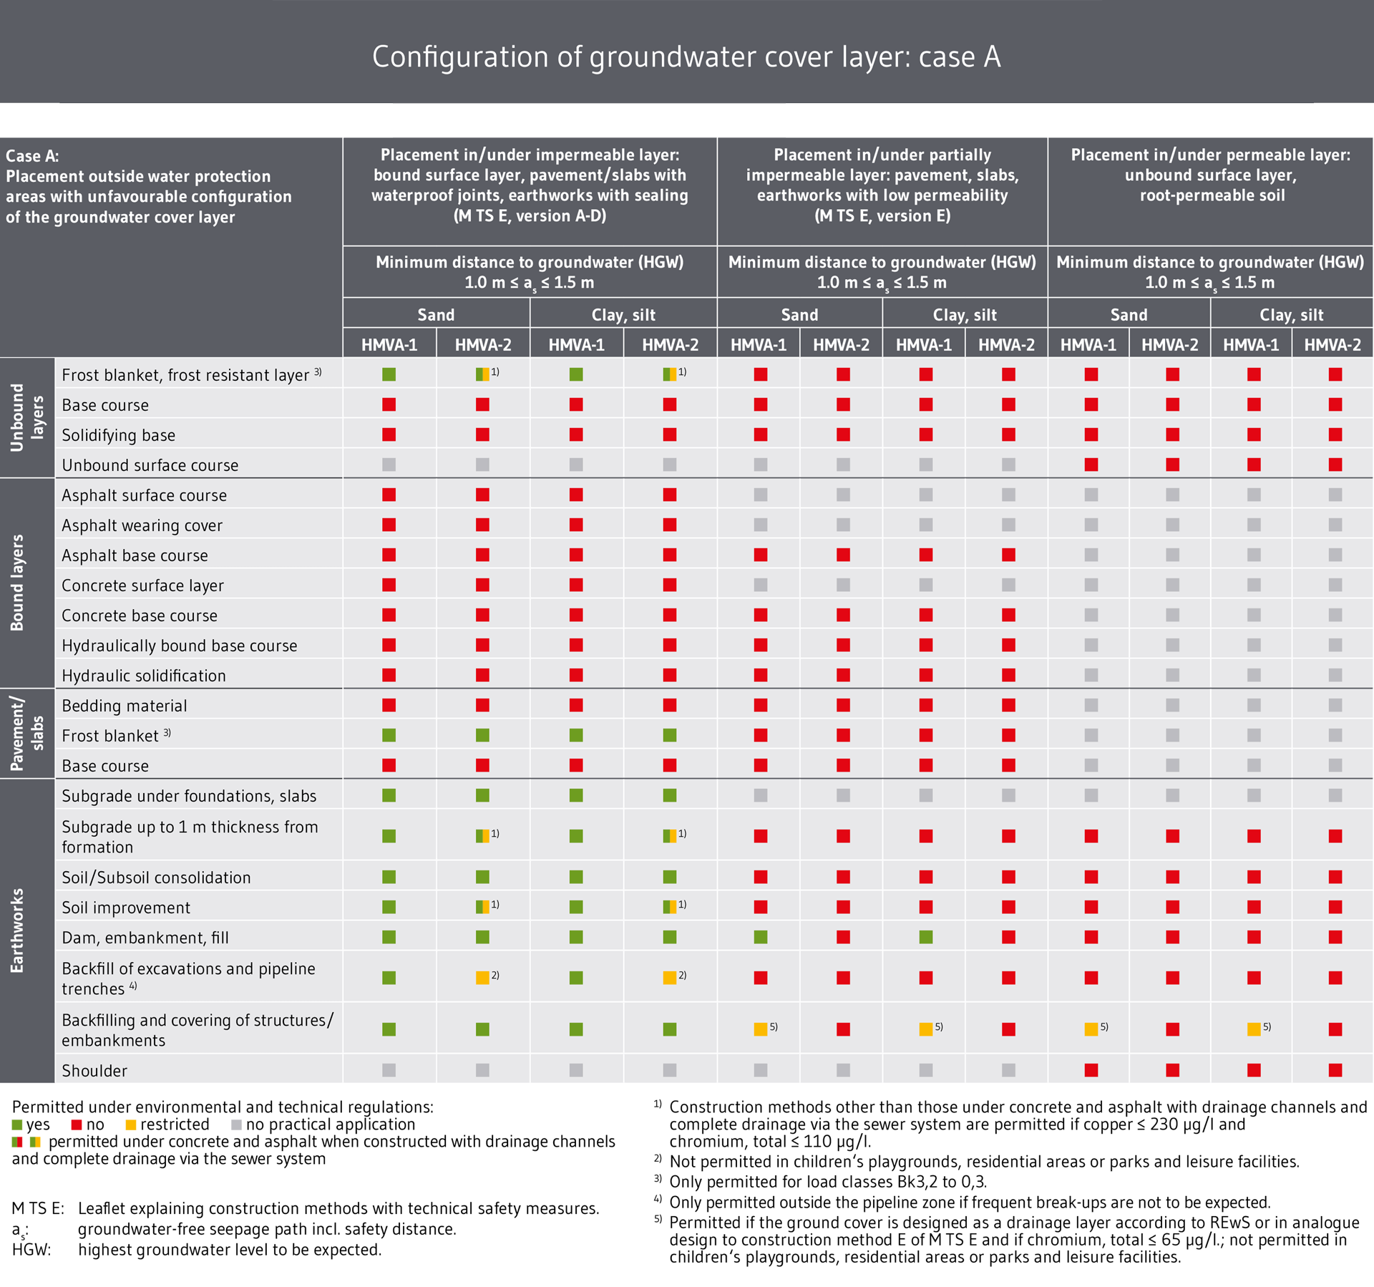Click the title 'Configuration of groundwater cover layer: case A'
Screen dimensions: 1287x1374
686,57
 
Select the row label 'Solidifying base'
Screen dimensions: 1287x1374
118,435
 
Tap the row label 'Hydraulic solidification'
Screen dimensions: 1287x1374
143,676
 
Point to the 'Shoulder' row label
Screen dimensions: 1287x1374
94,1071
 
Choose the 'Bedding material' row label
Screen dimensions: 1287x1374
124,706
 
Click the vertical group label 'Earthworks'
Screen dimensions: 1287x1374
17,931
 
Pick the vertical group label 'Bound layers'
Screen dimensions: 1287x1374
17,583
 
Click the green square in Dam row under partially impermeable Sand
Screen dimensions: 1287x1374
761,937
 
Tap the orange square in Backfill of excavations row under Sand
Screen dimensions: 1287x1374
483,978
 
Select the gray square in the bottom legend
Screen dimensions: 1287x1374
237,1125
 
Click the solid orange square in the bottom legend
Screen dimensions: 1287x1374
131,1125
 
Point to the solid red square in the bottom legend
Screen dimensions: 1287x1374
77,1125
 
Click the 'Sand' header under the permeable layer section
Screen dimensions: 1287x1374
1129,315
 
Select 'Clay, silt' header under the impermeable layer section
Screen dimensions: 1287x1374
623,315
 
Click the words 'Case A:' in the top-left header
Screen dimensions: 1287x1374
32,156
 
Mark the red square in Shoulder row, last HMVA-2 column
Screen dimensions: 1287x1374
1335,1070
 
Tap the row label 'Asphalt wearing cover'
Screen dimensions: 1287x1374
142,525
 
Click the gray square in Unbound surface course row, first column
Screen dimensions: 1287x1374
389,465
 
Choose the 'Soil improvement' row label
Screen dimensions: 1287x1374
126,908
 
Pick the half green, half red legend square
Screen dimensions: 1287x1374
17,1142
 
